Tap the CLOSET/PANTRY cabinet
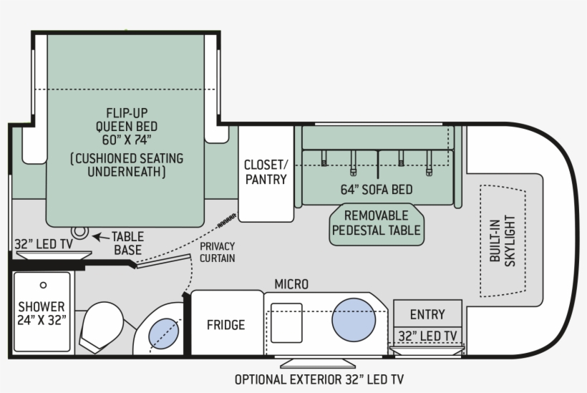pos(266,172)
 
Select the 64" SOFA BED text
pos(377,190)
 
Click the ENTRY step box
pos(427,314)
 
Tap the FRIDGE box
pos(226,324)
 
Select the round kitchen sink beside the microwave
pos(354,319)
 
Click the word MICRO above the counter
pos(291,285)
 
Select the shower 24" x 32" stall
pos(42,312)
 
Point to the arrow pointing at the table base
pos(100,236)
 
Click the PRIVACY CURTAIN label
pos(217,251)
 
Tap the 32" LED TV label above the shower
pos(44,244)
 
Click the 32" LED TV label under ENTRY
pos(427,336)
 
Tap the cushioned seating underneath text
pos(126,165)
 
